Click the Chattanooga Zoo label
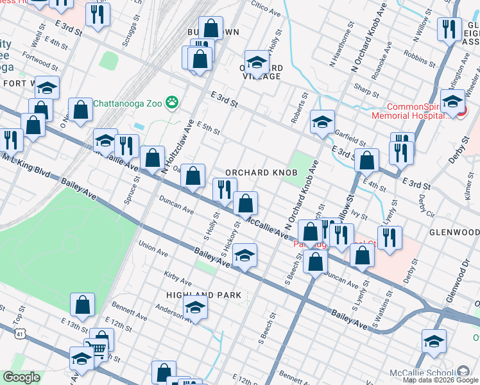(x=128, y=103)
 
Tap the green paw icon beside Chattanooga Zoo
(x=172, y=102)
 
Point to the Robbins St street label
(x=420, y=62)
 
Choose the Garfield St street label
(x=350, y=136)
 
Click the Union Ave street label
(x=153, y=246)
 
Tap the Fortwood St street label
(x=39, y=63)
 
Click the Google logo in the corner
(x=21, y=378)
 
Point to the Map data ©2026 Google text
(x=440, y=379)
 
